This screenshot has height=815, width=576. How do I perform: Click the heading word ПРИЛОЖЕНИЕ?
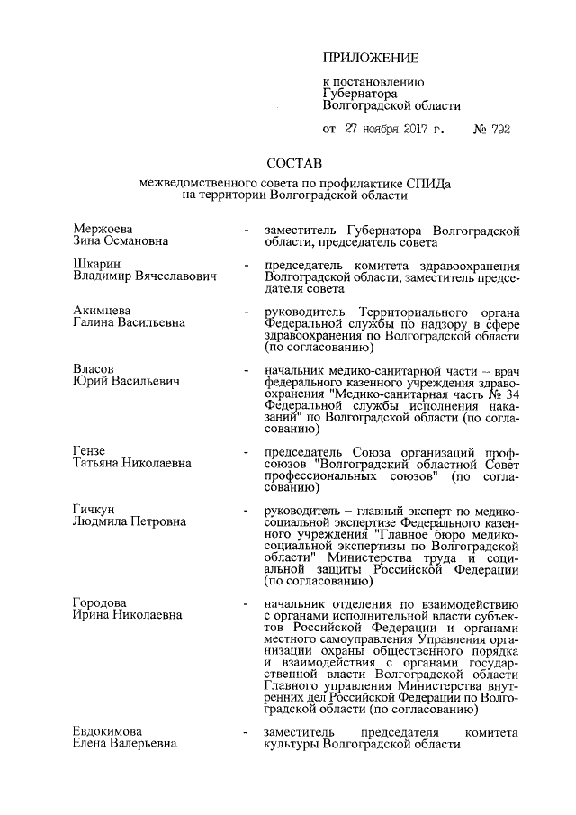tap(371, 59)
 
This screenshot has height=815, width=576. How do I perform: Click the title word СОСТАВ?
tap(294, 164)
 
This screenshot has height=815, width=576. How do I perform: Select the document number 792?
tap(500, 130)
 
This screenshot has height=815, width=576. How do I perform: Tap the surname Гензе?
tap(89, 451)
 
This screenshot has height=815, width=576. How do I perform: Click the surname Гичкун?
tap(94, 510)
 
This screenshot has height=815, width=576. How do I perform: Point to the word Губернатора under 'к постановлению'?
tap(360, 93)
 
